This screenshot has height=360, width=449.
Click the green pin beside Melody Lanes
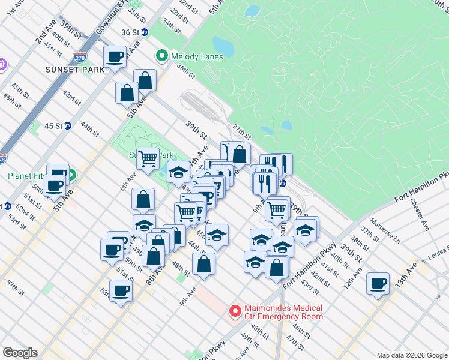point(161,56)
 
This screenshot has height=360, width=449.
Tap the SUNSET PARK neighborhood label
point(75,70)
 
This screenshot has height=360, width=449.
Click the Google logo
point(20,353)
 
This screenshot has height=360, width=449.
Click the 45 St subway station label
point(54,126)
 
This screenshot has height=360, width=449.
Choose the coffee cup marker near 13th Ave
point(378,283)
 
